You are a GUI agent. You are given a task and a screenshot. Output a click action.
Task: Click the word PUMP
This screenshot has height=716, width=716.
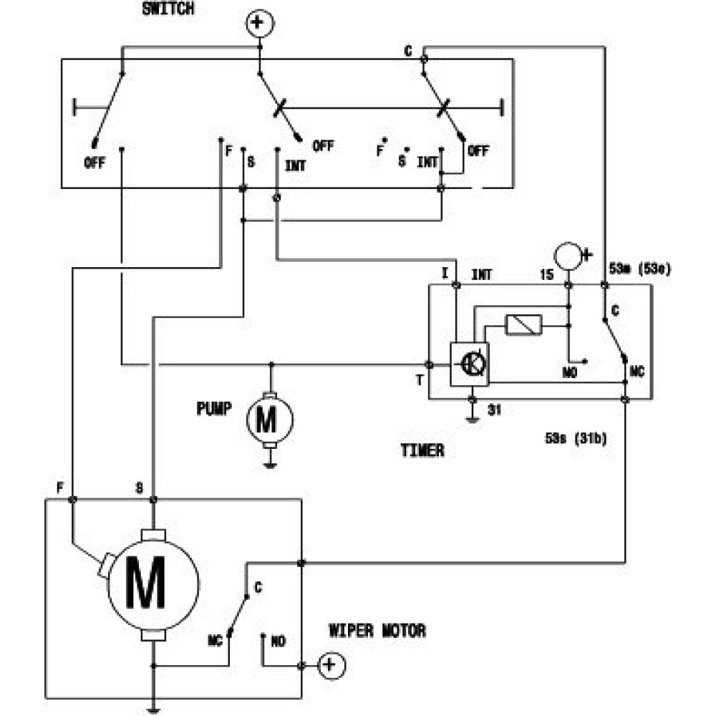coord(215,409)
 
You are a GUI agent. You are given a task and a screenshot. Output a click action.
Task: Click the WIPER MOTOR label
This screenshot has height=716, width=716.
coord(377,631)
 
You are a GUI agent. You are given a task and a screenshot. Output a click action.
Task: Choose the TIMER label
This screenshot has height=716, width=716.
coord(422,451)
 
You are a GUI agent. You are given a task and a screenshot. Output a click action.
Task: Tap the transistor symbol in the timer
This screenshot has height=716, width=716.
coord(470,364)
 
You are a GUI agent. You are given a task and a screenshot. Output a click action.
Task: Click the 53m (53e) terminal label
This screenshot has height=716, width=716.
coord(641,270)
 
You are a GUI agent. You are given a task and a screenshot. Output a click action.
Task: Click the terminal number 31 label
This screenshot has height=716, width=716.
coord(494,410)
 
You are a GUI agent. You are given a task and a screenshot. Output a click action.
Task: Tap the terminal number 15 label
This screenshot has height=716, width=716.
coord(549,273)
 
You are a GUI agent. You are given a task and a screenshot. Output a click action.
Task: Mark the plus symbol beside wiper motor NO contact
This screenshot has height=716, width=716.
coord(329,667)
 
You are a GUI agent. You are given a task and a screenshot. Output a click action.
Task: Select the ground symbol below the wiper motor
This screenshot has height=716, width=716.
coord(153,709)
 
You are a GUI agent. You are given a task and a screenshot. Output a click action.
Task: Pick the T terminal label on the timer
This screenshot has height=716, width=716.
coord(420,380)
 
